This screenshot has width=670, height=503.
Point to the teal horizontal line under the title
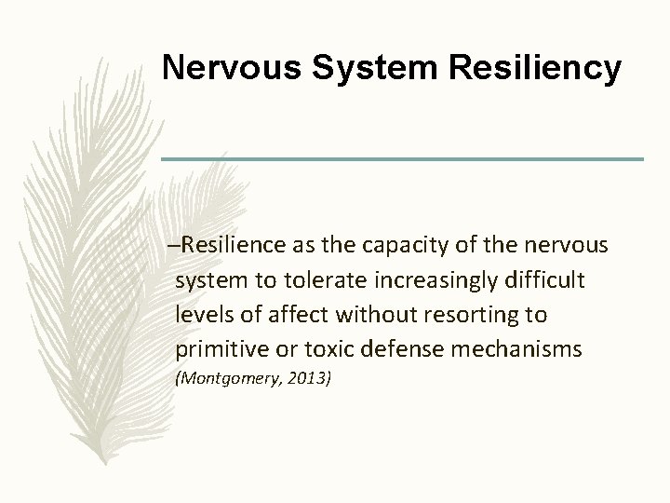pos(402,159)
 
